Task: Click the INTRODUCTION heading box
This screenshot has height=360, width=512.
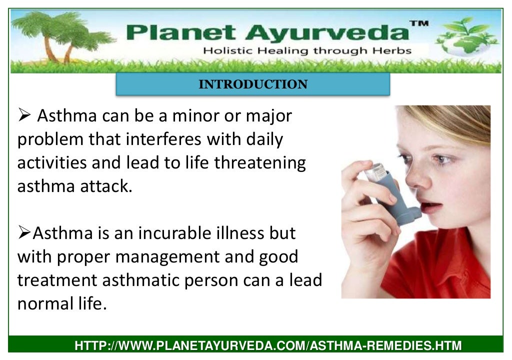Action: (x=252, y=84)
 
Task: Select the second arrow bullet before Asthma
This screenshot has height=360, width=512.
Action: (x=24, y=233)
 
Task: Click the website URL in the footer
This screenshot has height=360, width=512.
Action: (x=268, y=345)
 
